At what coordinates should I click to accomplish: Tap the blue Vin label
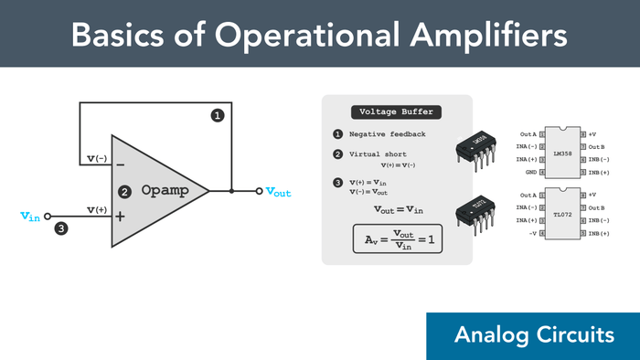[x=29, y=216]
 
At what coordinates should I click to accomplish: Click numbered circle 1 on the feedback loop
[x=218, y=115]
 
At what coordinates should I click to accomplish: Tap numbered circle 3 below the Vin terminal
[x=61, y=228]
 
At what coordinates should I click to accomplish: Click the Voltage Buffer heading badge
[x=397, y=112]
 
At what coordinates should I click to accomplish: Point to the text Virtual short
[x=378, y=154]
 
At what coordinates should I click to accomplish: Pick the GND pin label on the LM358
[x=530, y=172]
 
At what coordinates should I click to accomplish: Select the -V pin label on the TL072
[x=531, y=233]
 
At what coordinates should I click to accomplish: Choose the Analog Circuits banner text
[x=534, y=335]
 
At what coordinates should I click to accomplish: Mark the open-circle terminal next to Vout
[x=260, y=192]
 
